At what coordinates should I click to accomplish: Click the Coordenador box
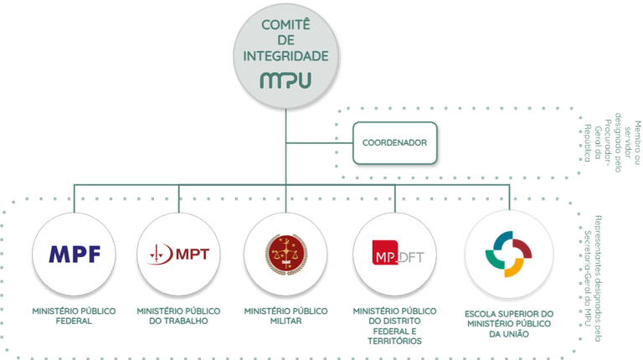(394, 143)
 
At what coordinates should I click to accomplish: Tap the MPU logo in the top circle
(286, 81)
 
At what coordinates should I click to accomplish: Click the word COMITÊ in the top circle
(286, 26)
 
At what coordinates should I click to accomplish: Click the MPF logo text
(74, 254)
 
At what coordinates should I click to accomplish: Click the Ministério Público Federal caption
(74, 316)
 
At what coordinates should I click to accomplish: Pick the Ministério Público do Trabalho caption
(179, 316)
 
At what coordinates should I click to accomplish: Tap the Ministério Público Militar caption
(285, 316)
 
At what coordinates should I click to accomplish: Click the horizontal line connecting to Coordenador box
(319, 143)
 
